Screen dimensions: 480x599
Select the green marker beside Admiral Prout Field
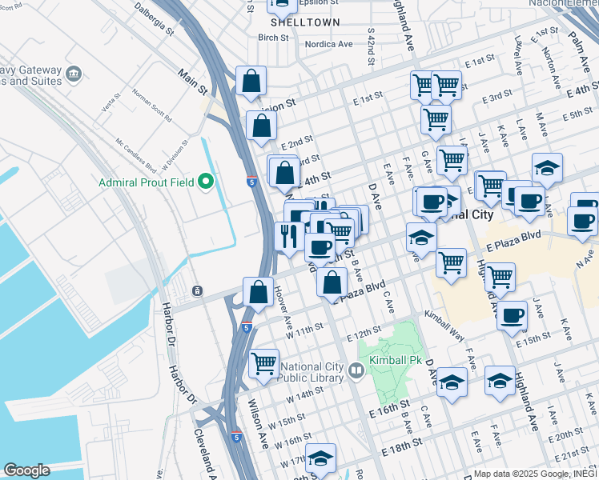coord(206,182)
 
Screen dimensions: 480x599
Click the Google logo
coord(26,470)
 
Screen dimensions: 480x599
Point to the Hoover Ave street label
coord(283,306)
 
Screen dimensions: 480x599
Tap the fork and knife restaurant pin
coord(287,235)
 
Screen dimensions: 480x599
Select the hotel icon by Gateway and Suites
coord(74,74)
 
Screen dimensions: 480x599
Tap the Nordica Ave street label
coord(326,44)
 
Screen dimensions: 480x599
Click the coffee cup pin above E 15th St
coord(512,314)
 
